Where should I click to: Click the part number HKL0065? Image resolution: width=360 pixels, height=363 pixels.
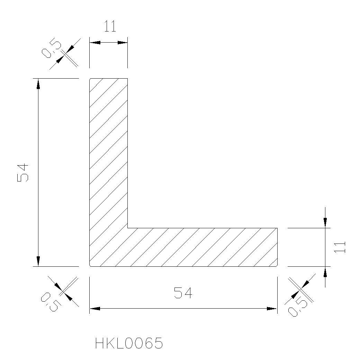tap(129, 343)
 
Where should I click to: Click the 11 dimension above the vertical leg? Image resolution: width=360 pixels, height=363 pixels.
tap(110, 26)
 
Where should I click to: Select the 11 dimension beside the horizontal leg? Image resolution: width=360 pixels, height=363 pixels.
tap(340, 247)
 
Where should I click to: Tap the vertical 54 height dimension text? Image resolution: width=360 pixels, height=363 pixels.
tap(23, 172)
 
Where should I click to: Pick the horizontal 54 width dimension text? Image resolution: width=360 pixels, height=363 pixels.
tap(183, 293)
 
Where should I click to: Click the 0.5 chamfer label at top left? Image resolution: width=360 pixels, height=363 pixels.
tap(51, 49)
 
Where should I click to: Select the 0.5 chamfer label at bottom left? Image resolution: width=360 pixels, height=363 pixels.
tap(51, 302)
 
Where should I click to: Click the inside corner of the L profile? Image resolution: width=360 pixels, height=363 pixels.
tap(127, 228)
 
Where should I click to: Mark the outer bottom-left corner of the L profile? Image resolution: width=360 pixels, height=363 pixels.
tap(90, 266)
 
